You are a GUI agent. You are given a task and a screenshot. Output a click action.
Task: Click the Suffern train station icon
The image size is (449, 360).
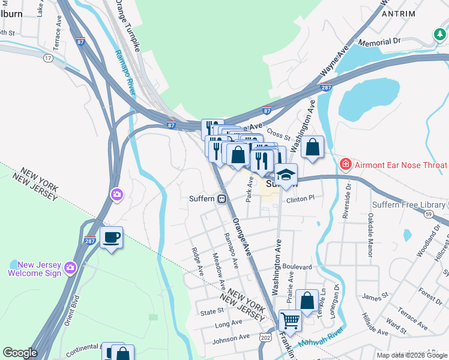(222, 199)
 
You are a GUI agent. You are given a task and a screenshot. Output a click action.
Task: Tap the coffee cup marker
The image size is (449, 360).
(112, 238)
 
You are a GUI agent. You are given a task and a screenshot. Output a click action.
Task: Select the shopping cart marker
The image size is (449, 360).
(290, 321)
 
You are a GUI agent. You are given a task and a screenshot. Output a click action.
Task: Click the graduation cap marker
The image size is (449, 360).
(286, 175)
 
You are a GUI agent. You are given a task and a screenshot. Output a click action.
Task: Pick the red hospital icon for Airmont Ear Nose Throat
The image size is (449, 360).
(346, 164)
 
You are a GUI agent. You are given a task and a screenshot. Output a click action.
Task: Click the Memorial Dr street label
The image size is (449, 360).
(379, 42)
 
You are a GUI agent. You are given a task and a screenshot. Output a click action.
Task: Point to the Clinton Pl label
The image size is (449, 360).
(300, 199)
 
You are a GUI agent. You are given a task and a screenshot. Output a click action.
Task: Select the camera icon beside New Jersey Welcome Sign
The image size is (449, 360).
(71, 267)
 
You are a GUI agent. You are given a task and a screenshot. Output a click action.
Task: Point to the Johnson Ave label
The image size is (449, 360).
(231, 338)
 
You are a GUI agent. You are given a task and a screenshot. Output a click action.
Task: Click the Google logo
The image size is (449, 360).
(20, 353)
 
